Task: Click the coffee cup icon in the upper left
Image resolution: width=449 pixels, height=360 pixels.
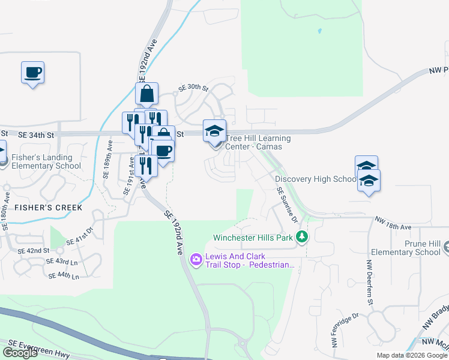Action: (x=33, y=73)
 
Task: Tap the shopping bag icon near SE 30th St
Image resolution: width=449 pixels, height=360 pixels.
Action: (x=146, y=94)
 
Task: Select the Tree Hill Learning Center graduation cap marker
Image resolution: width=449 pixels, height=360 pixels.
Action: (x=214, y=131)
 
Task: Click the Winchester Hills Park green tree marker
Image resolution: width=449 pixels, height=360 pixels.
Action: (x=303, y=238)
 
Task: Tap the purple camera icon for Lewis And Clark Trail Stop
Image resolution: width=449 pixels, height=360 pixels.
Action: (x=196, y=259)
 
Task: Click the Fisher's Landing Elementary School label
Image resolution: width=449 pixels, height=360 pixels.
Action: (x=46, y=162)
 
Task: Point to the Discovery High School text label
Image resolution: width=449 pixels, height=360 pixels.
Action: (x=316, y=179)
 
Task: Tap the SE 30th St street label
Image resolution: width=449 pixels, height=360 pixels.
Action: (x=193, y=89)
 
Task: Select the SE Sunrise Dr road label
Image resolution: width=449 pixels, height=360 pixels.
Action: (x=286, y=205)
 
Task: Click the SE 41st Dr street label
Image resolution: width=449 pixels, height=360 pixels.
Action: (x=80, y=235)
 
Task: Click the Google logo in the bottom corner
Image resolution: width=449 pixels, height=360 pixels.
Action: (x=20, y=353)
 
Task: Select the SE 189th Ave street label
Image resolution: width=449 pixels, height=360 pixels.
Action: (x=108, y=159)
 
